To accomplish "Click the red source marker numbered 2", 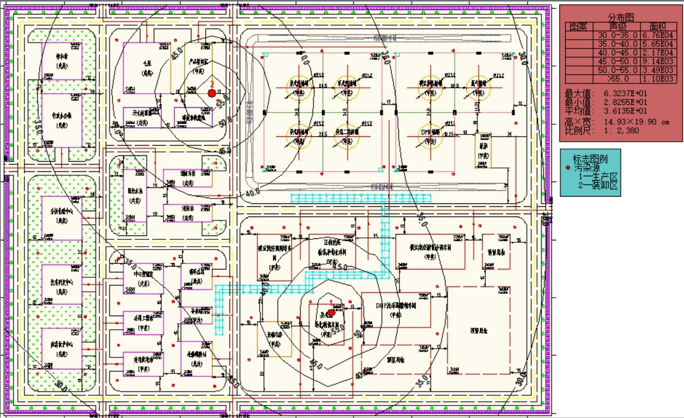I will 212,93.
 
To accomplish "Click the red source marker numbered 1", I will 332,313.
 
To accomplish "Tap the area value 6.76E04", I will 658,35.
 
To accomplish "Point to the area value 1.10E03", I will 658,79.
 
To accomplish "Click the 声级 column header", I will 618,27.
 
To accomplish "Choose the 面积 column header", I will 658,27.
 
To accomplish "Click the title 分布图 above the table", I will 621,17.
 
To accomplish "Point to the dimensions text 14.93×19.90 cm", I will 636,121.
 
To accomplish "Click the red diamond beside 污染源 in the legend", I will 568,168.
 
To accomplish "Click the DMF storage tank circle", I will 430,136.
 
